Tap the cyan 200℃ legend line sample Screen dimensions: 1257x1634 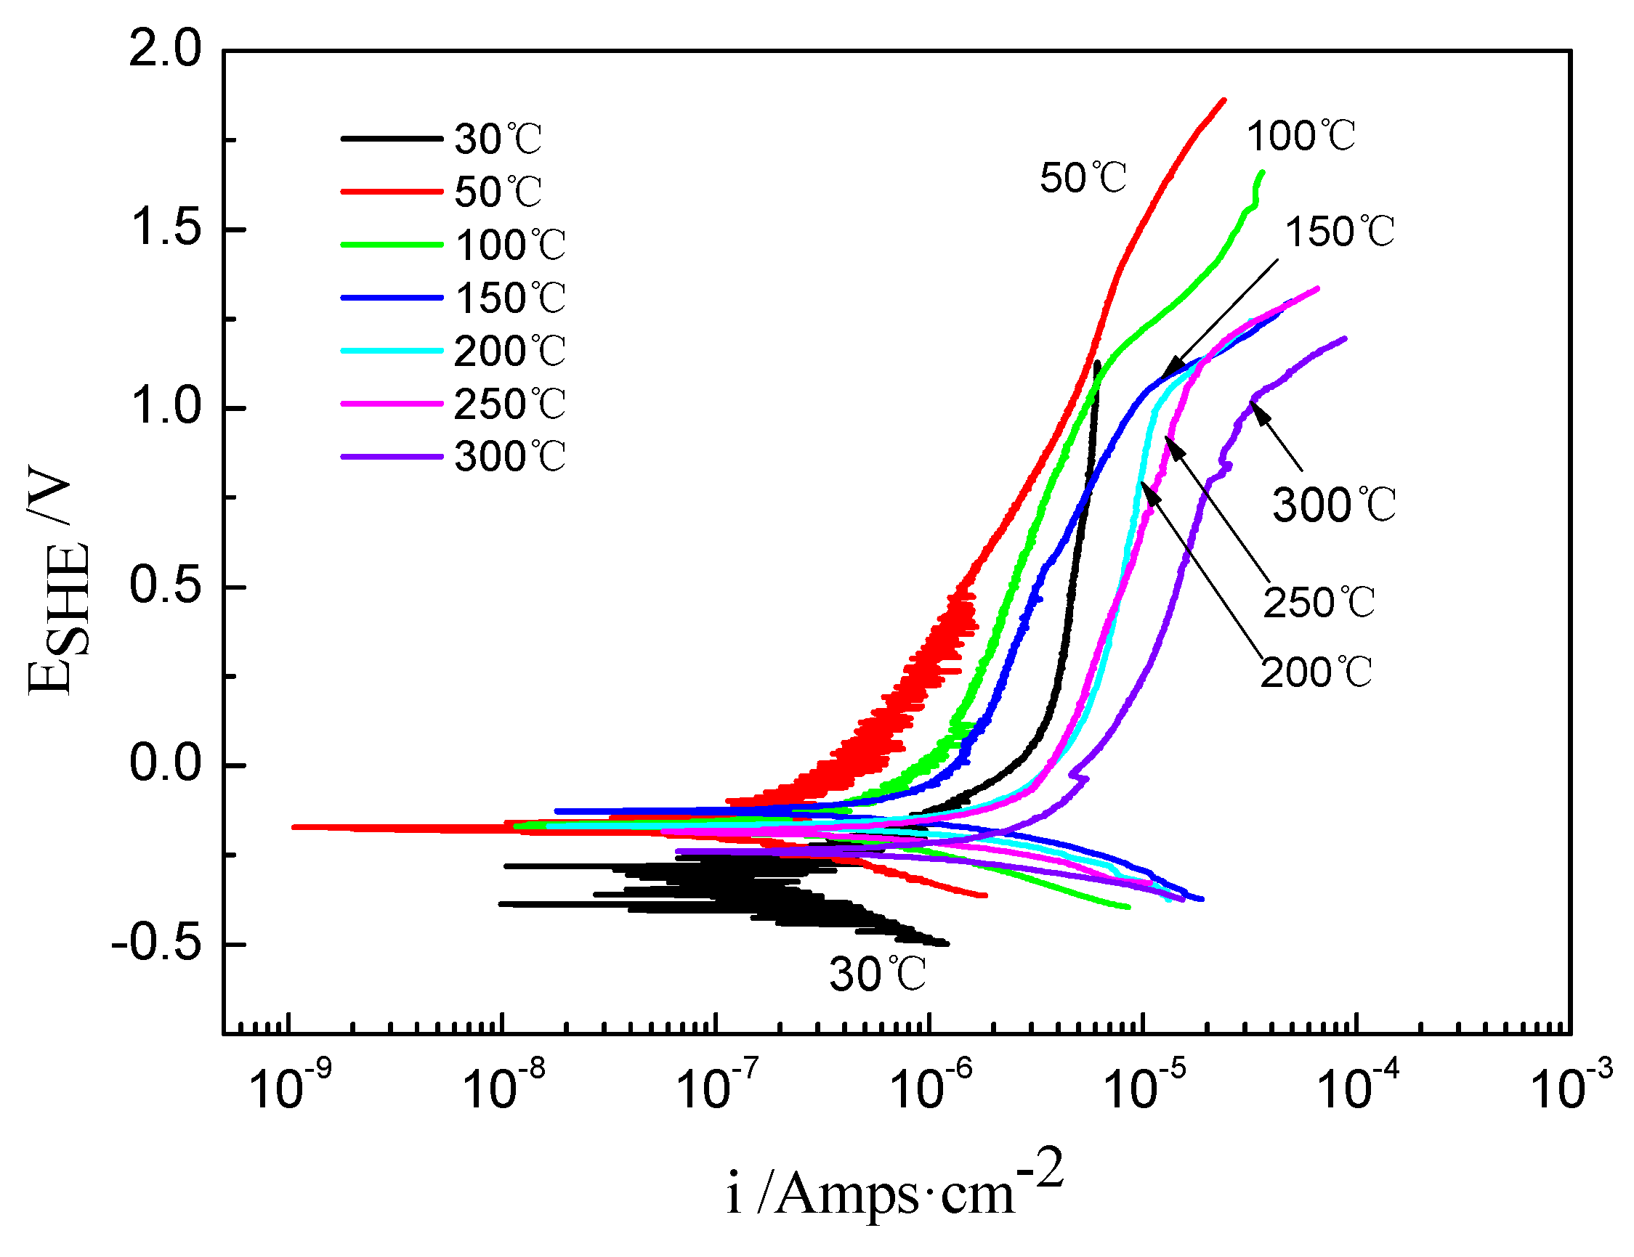392,351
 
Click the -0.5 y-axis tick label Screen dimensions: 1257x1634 156,945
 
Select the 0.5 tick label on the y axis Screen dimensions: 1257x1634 166,586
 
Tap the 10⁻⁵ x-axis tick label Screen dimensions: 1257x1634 1143,1086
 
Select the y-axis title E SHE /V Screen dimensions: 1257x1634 58,579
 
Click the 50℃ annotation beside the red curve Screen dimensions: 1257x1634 1083,179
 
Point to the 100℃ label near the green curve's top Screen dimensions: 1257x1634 1301,137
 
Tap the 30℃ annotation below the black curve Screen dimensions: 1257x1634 878,975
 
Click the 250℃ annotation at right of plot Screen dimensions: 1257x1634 1319,603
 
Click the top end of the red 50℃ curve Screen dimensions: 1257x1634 1224,99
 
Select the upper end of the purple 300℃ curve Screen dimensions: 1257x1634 1346,338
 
